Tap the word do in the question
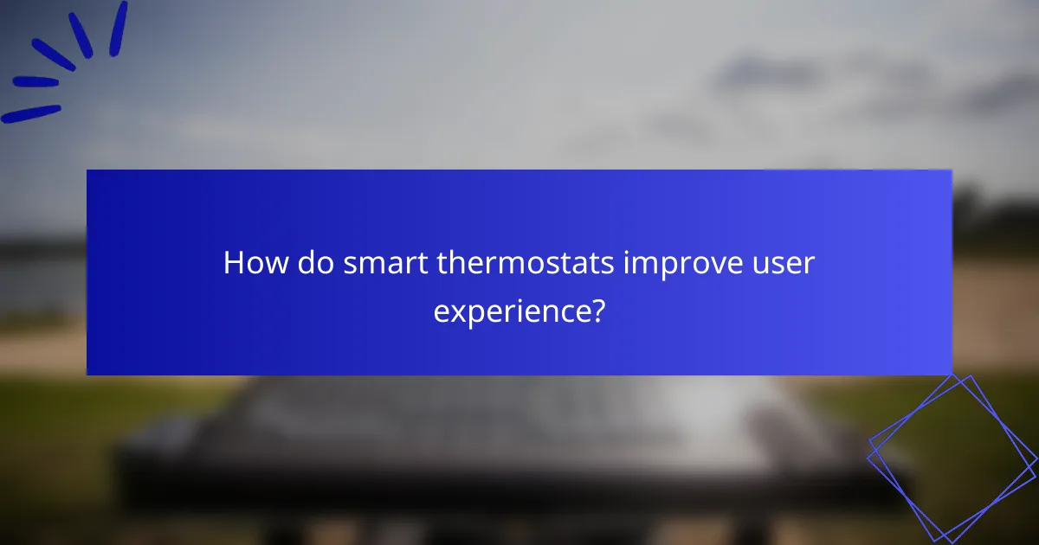point(314,263)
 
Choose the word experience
point(511,311)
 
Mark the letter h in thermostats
point(455,262)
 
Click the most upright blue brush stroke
point(118,29)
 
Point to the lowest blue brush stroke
point(30,114)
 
